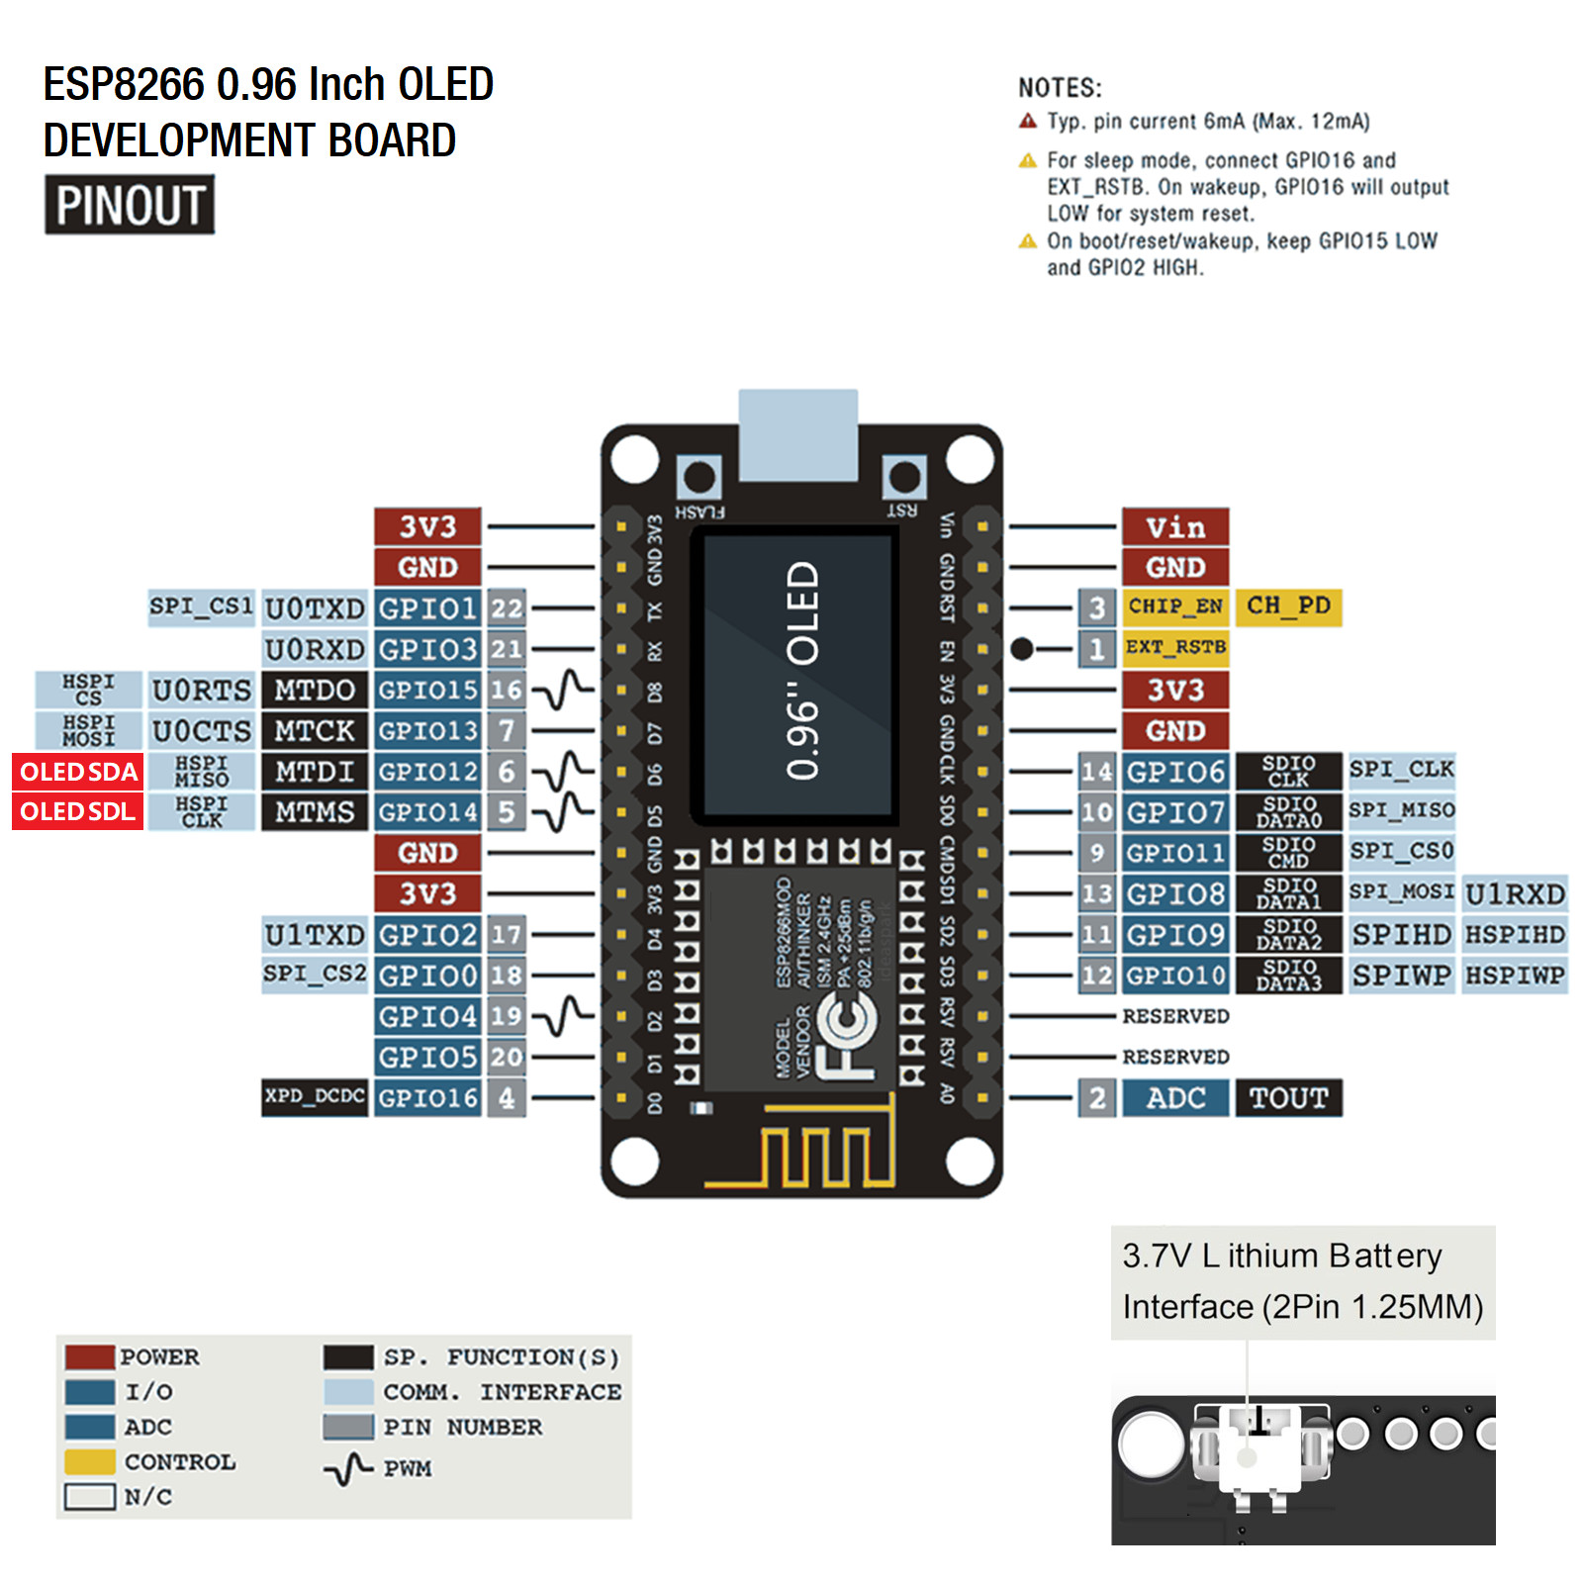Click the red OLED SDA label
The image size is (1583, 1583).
click(x=78, y=772)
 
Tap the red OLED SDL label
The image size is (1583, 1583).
click(x=78, y=812)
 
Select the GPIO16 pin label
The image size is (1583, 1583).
click(x=427, y=1098)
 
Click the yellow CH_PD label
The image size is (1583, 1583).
click(x=1288, y=605)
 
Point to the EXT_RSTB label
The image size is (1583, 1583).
click(x=1175, y=647)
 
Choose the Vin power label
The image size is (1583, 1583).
click(x=1175, y=527)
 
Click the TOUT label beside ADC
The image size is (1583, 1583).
click(x=1288, y=1098)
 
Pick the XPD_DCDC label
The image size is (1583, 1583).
click(x=315, y=1097)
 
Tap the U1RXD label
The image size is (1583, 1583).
click(x=1515, y=894)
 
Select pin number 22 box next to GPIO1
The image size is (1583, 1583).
click(x=507, y=608)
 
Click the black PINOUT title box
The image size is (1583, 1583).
click(x=130, y=205)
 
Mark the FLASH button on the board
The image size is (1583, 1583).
click(x=699, y=479)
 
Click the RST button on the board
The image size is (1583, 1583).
click(x=903, y=478)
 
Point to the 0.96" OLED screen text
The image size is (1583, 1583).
click(x=802, y=671)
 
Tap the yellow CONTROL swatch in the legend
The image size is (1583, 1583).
click(x=90, y=1462)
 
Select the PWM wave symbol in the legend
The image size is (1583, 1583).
click(x=348, y=1469)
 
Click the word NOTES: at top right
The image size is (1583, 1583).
click(x=1060, y=88)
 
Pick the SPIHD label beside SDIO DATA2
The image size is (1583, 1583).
click(x=1401, y=935)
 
